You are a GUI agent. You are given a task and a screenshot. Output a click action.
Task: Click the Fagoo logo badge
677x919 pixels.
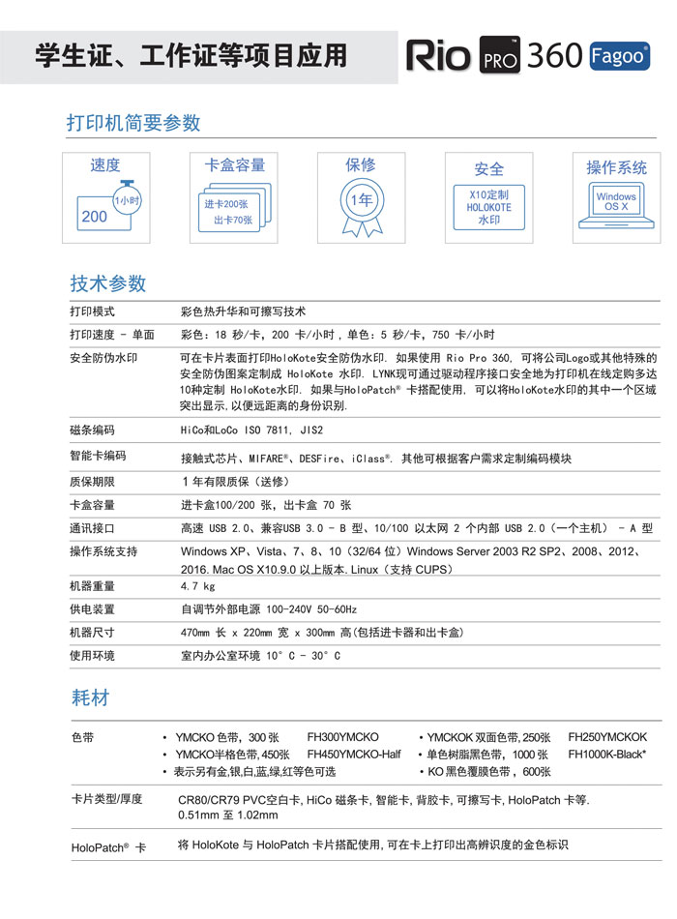pos(619,56)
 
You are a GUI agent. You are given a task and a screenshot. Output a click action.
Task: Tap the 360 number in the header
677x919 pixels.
pos(553,56)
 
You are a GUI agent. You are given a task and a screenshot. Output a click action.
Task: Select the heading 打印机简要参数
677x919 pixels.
pos(133,123)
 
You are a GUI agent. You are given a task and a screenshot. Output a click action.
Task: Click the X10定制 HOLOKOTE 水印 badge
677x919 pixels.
pos(488,206)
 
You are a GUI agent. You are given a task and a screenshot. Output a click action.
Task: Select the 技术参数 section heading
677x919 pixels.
pos(107,283)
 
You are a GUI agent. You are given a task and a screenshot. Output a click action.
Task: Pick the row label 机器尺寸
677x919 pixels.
pos(92,633)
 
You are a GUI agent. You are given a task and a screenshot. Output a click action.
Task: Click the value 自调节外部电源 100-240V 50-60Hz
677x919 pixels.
pos(269,609)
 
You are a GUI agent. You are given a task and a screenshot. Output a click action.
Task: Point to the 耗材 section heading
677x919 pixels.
pos(90,697)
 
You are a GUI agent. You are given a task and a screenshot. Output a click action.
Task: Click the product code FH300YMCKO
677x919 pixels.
pos(342,737)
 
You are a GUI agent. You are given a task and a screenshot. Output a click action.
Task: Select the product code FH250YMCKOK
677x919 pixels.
pos(607,737)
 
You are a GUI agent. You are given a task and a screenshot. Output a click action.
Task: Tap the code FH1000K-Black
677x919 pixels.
pos(607,754)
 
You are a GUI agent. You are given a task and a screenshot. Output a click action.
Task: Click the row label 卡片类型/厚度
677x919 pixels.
pos(106,799)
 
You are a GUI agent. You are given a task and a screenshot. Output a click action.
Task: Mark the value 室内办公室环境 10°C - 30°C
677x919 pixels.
pos(260,656)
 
